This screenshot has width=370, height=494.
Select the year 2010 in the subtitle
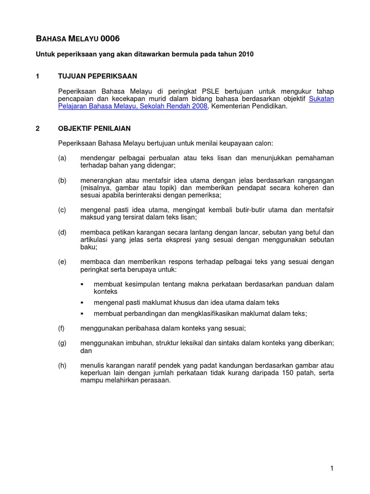245,55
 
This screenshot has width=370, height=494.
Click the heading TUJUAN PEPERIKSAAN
97,76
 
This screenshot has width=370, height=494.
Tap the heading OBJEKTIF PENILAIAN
94,129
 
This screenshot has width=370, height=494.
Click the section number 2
38,129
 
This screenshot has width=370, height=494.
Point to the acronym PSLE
211,91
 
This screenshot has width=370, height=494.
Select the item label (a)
62,158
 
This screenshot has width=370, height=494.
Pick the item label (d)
62,232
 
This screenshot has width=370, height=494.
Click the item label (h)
62,365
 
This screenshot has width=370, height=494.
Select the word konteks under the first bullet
106,291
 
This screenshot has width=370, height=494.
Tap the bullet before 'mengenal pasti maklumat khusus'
82,302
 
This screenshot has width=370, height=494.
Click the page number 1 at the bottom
332,468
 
